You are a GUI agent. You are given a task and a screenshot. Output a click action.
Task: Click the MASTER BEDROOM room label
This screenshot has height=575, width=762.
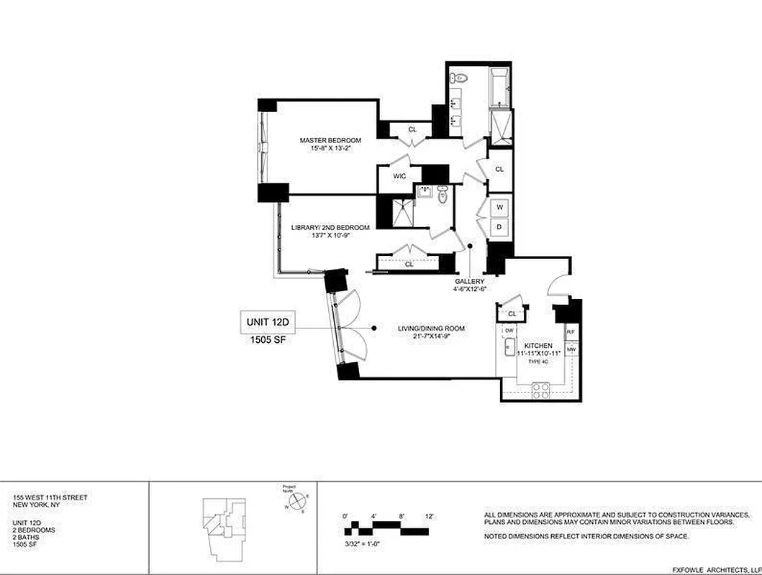tap(331, 139)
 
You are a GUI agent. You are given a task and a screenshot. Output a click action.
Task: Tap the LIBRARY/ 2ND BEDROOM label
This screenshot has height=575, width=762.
tap(330, 227)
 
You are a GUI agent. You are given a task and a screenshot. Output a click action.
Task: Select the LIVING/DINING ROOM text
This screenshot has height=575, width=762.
tap(427, 328)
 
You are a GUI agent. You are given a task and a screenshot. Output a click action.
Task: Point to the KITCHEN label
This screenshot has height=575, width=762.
tap(538, 346)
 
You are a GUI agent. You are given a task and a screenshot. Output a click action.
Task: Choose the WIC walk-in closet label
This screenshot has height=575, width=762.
tap(399, 175)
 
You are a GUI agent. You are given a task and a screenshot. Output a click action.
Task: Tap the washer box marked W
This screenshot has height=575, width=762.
tap(499, 207)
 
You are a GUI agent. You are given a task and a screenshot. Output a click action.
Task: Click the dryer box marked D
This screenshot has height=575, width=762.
tap(499, 226)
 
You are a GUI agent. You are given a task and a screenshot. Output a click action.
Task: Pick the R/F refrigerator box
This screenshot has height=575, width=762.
tap(571, 332)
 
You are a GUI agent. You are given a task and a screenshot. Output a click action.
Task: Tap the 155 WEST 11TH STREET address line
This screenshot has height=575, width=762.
tap(50, 497)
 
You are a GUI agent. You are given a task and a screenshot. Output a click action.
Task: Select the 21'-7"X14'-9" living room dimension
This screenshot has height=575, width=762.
tap(427, 336)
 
